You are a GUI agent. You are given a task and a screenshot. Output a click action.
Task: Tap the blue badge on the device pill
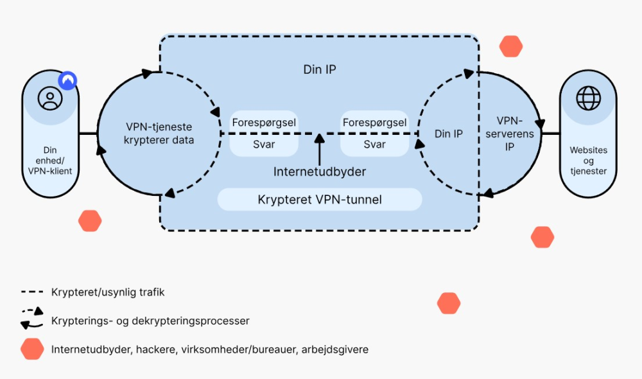67,80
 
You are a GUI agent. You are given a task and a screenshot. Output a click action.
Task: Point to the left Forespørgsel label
264,122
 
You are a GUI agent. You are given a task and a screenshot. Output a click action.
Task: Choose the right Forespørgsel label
375,122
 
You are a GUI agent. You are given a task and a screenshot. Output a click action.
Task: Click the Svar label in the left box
264,144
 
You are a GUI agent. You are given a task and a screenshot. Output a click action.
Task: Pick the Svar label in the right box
375,144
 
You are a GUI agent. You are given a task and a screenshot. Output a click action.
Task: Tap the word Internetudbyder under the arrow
319,172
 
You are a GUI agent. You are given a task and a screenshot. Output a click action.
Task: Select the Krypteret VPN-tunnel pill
320,200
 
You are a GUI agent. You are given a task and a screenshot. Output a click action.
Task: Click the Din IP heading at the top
319,69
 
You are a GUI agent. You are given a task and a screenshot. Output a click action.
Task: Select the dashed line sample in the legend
31,292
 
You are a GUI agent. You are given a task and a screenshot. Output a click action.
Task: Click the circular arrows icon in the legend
31,319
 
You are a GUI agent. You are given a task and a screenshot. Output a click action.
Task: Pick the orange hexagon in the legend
31,349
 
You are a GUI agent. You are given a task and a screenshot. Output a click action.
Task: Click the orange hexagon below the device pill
90,221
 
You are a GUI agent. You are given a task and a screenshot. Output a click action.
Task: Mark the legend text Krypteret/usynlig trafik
108,292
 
